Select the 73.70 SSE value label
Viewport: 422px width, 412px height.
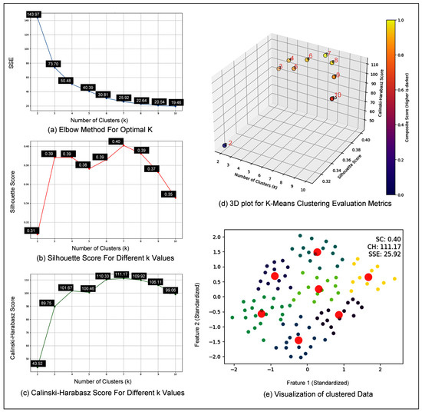click(x=54, y=64)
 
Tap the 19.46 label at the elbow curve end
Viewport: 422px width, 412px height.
click(x=176, y=102)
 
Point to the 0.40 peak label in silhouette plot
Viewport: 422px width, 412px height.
click(x=117, y=141)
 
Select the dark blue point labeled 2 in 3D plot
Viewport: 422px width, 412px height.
click(x=225, y=145)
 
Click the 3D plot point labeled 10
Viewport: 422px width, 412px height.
click(x=331, y=98)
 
